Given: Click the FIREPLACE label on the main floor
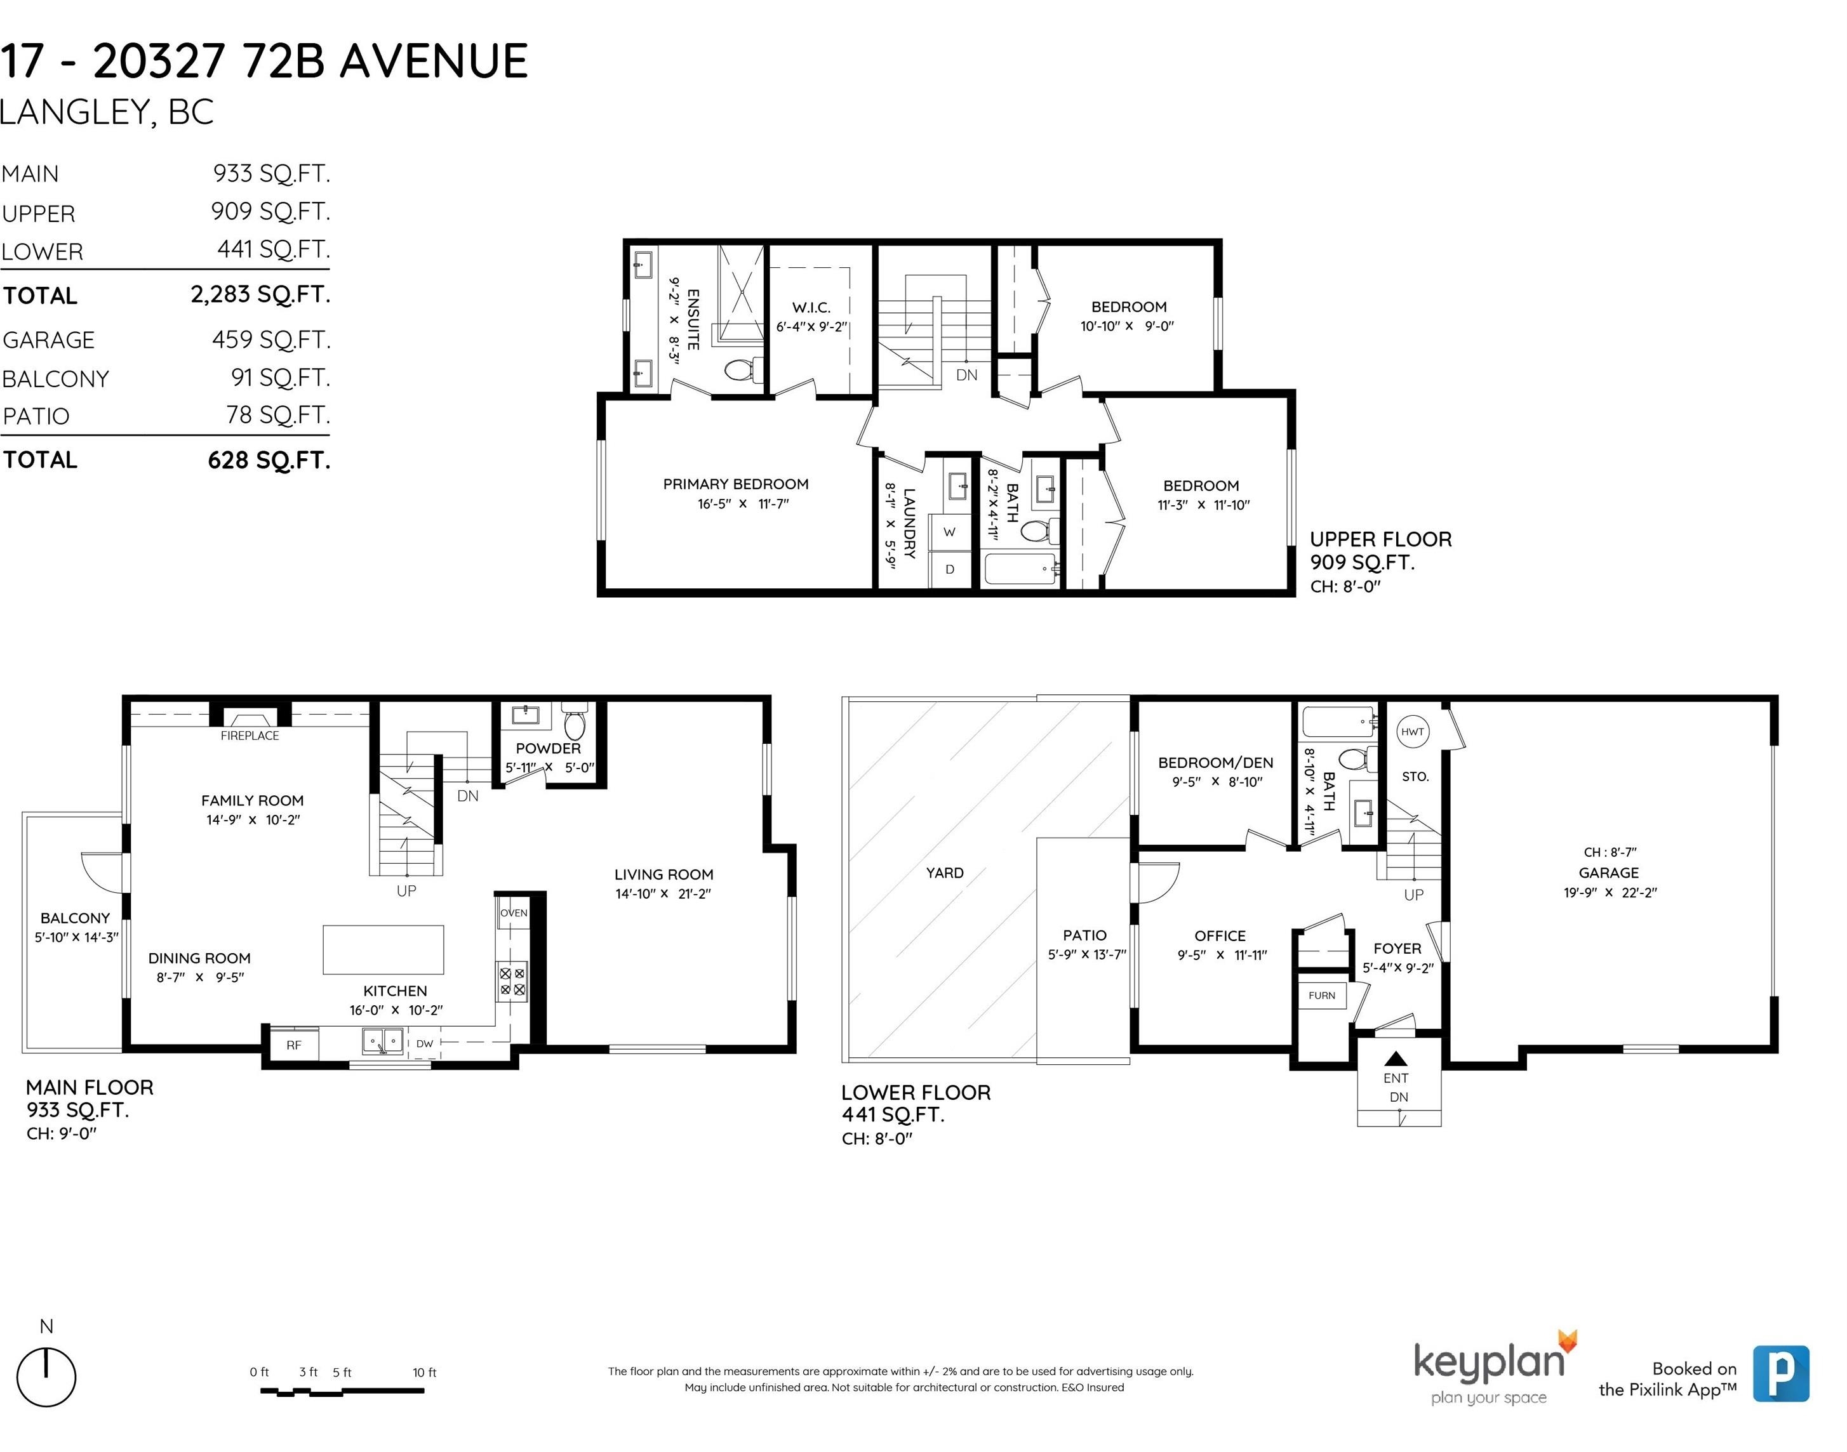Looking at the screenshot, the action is click(x=249, y=736).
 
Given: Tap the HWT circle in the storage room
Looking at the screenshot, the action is click(x=1413, y=732).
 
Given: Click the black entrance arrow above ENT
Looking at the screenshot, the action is click(x=1396, y=1059).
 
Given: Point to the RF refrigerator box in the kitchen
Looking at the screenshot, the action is click(x=293, y=1045).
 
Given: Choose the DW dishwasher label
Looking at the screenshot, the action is click(x=424, y=1043).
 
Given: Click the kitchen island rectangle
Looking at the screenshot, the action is click(x=383, y=949).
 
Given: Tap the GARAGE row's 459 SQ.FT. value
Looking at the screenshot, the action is click(x=271, y=339).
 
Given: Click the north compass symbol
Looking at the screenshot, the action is click(x=47, y=1377).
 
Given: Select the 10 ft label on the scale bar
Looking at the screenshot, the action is click(x=424, y=1373).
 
